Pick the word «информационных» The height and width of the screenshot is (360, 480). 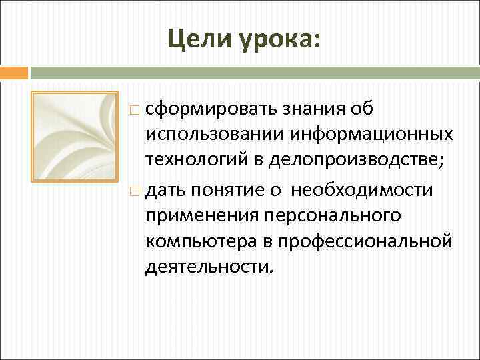(362, 134)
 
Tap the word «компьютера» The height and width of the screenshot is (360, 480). (200, 242)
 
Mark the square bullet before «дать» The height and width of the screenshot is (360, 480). (135, 193)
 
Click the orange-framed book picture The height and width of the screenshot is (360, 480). (75, 136)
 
